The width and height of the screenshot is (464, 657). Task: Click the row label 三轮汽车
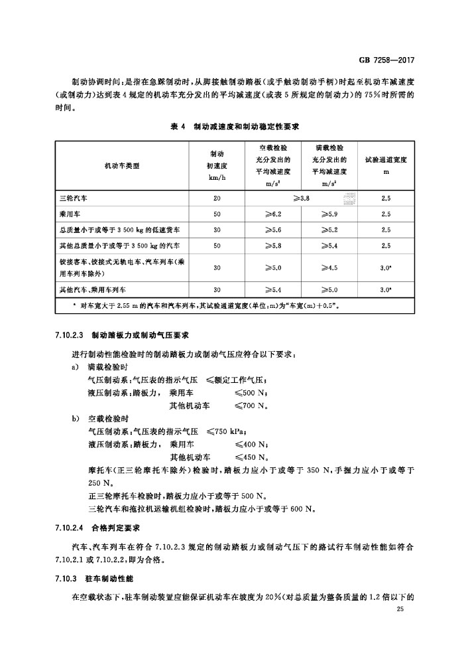coord(70,198)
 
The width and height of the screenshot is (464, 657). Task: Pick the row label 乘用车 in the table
coord(66,214)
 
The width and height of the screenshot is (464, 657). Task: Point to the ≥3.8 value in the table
coord(300,198)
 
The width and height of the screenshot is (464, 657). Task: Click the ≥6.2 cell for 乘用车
coord(274,214)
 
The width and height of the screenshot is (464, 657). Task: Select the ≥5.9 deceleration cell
coord(329,214)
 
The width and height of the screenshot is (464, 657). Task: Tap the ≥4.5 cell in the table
coord(329,268)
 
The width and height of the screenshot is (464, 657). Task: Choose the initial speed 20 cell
coord(217,198)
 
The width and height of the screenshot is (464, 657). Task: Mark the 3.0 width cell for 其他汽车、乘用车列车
coord(386,290)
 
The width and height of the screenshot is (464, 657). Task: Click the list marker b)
coord(75,418)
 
